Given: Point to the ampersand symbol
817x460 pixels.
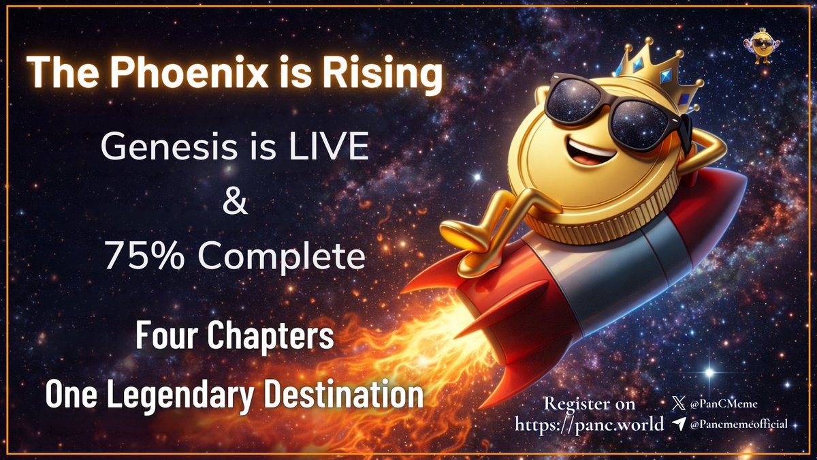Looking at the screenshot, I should point(235,202).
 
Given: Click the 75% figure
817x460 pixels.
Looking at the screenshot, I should point(138,257).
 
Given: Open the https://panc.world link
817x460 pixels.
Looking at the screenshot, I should point(590,425).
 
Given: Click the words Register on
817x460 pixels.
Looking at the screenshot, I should point(590,404).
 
